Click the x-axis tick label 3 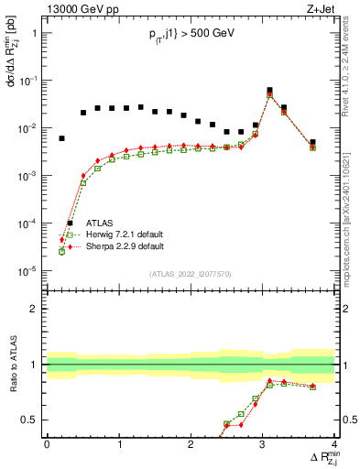click(263, 443)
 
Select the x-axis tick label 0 click(47, 443)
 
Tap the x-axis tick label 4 click(334, 443)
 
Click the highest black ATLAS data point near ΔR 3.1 click(269, 91)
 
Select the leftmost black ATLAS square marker click(61, 138)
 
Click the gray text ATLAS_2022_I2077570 click(191, 273)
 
